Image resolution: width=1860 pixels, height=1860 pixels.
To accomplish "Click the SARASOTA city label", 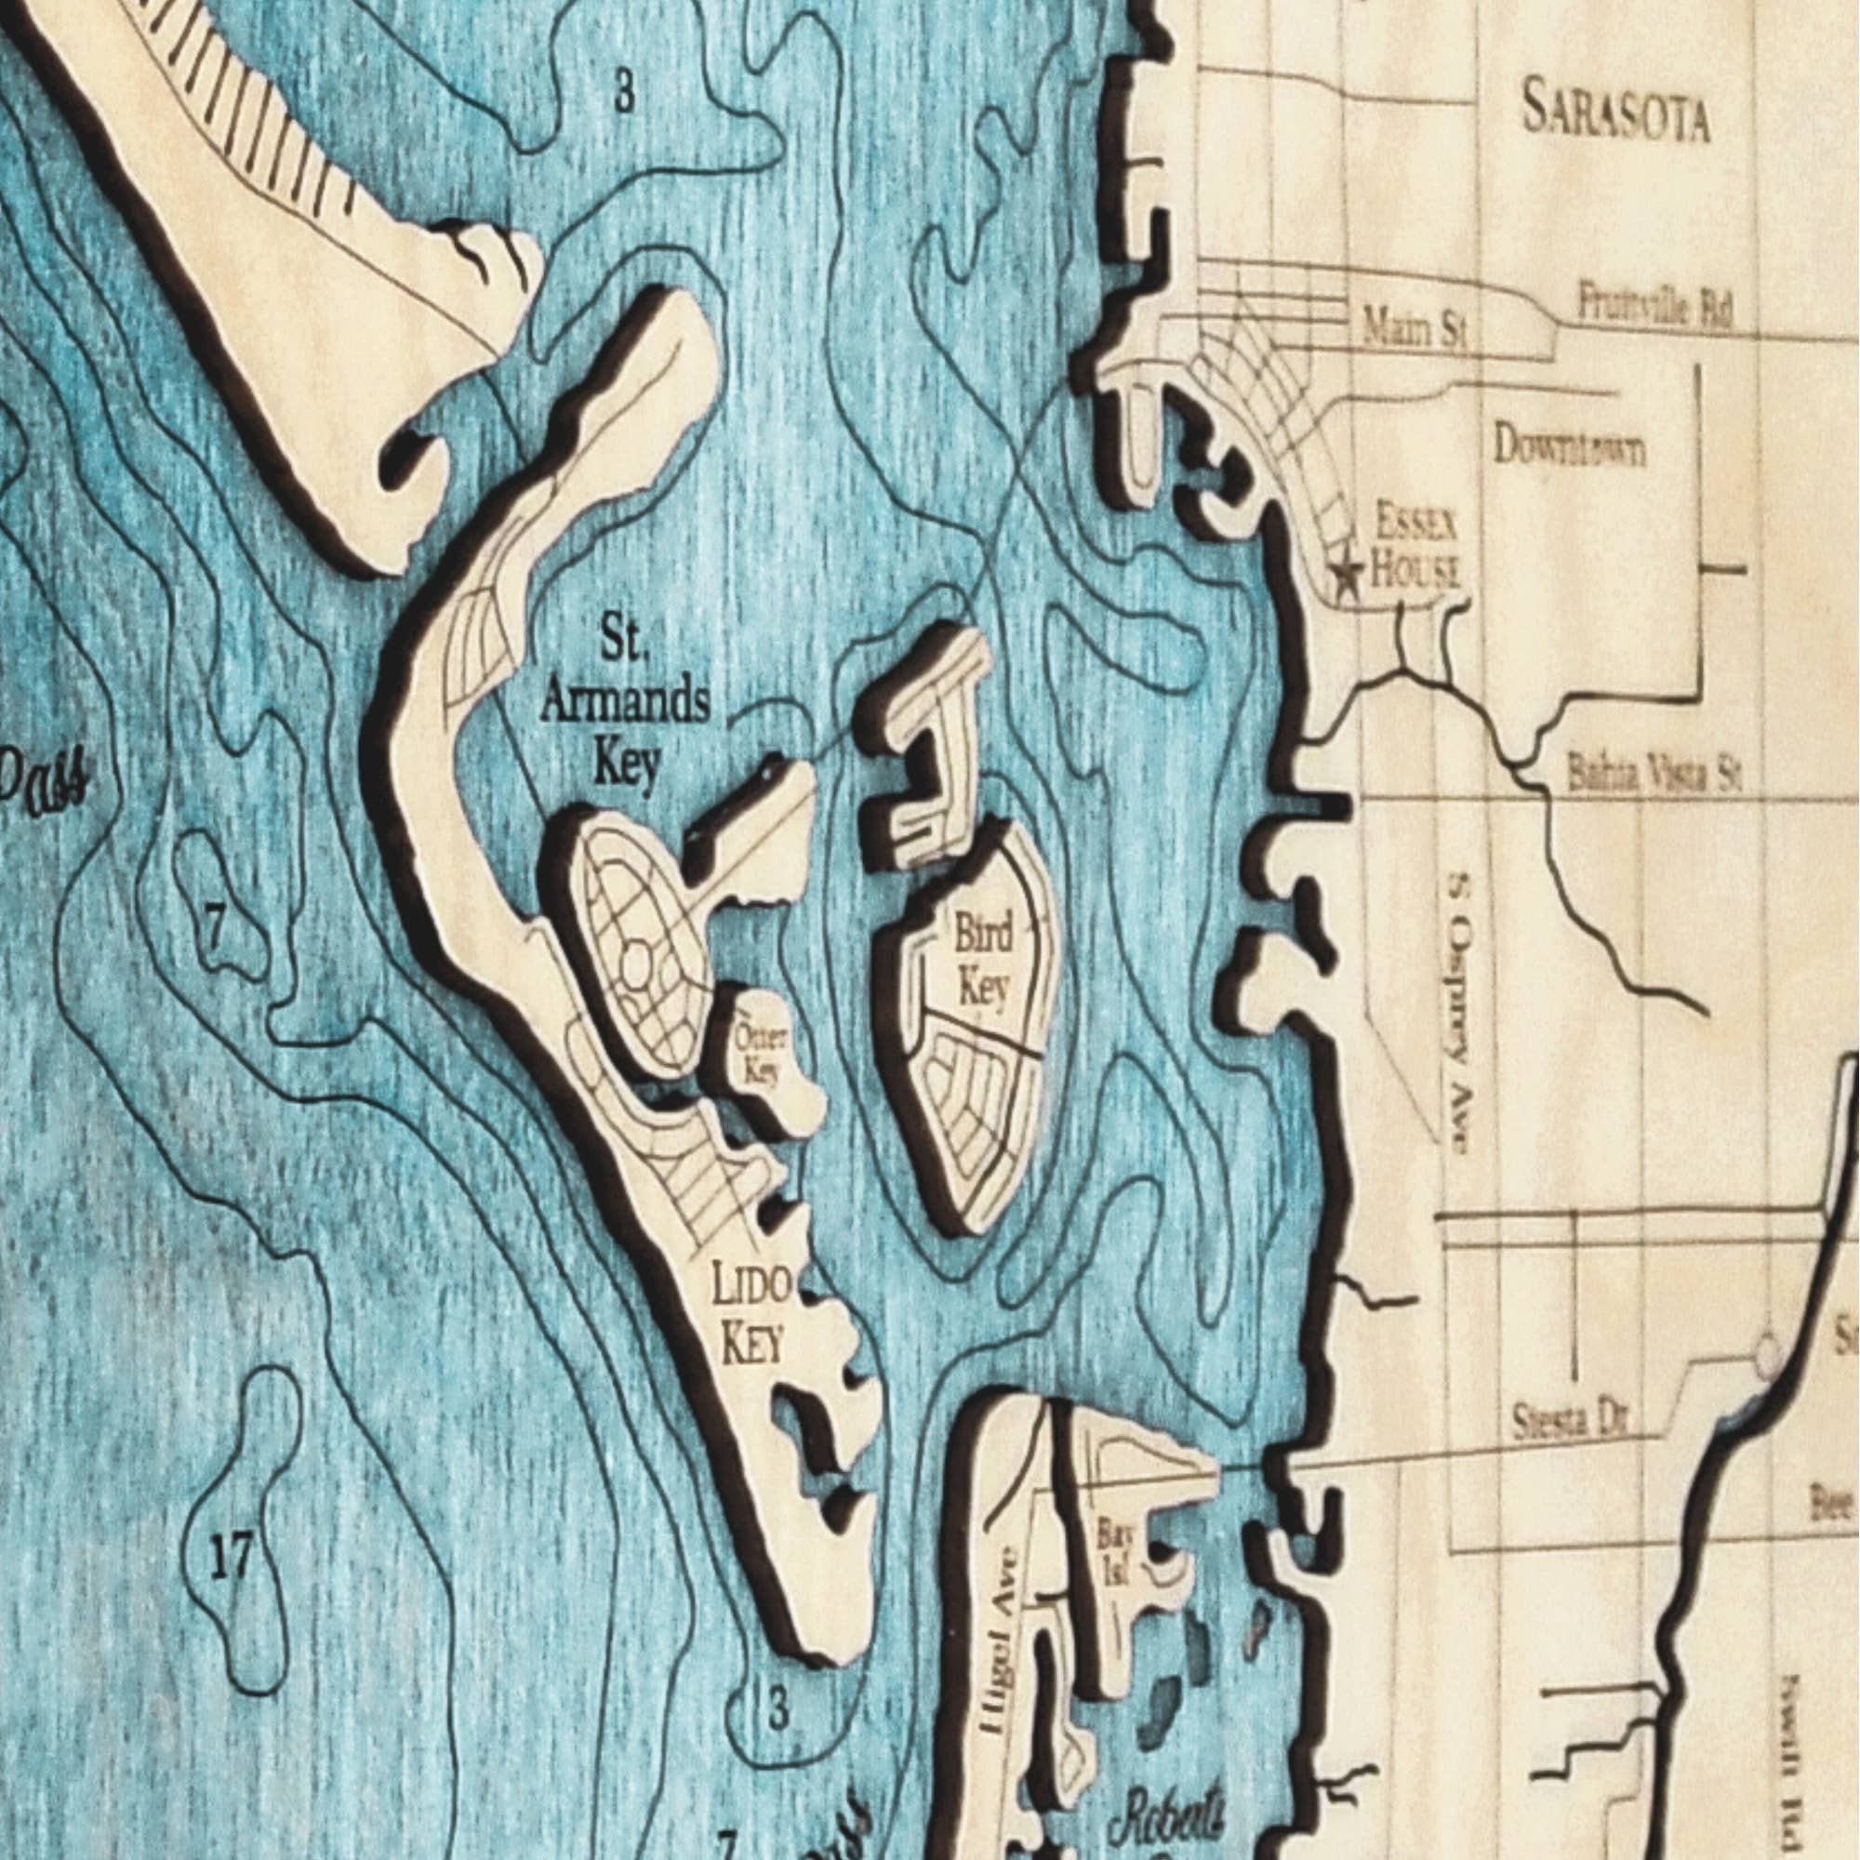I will [x=1615, y=114].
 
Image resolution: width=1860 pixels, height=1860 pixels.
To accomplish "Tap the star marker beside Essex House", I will [x=1347, y=575].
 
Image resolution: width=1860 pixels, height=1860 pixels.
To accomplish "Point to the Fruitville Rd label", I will [x=1654, y=307].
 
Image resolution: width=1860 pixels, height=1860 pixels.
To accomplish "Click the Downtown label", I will [x=1569, y=447].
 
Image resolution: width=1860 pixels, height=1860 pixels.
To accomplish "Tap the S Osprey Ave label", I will [x=1459, y=1011].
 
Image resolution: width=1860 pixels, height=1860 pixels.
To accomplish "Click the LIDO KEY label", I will [x=751, y=1314].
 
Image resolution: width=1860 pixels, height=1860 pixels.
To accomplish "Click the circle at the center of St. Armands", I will [x=636, y=963].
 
